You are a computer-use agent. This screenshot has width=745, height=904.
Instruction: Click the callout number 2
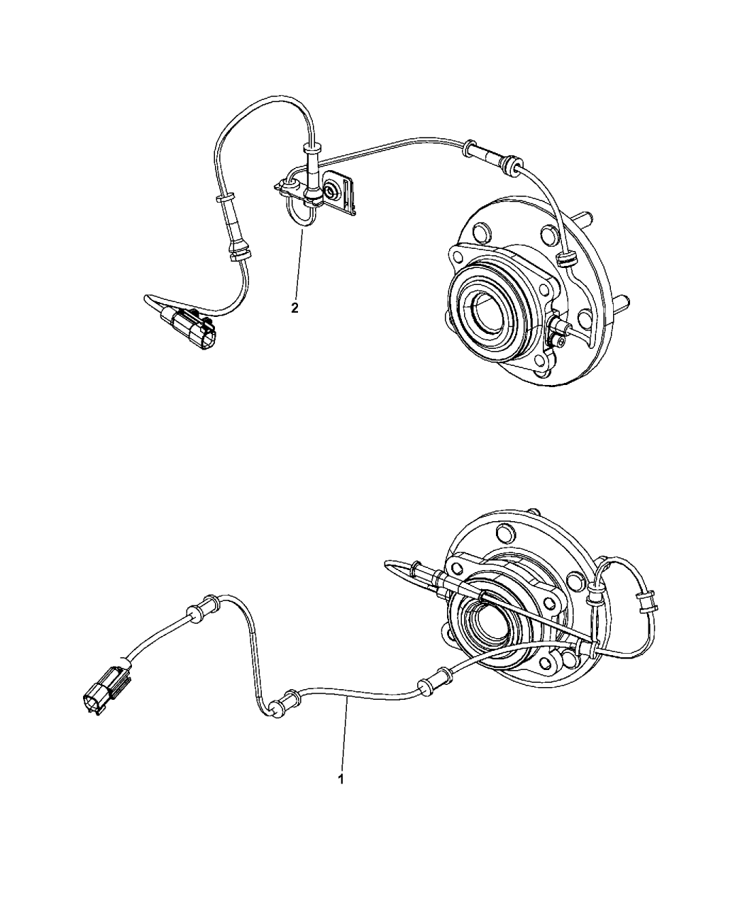point(294,308)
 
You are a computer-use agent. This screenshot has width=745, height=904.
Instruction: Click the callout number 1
point(341,779)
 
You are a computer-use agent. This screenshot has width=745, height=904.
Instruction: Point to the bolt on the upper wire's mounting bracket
point(331,190)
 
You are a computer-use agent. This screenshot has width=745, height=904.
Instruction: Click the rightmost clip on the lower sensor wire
point(645,602)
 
